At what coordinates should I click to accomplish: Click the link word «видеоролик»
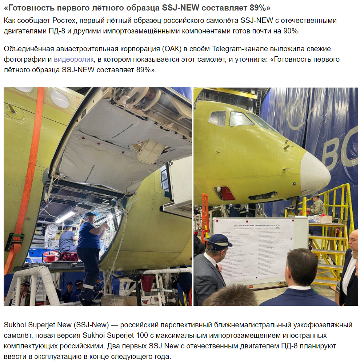(x=73, y=60)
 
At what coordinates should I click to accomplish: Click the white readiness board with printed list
(x=255, y=251)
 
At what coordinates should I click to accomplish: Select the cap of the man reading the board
(x=219, y=241)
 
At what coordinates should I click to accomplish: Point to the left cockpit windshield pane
(x=217, y=118)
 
